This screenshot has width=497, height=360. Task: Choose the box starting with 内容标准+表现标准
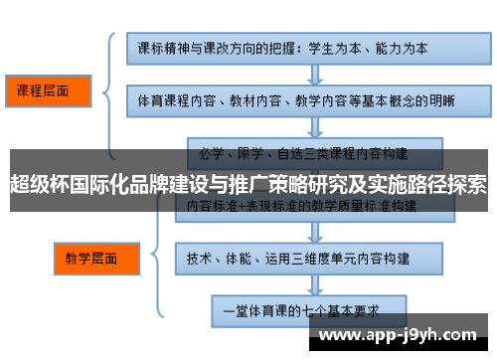coord(302,206)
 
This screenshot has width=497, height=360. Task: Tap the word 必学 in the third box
coord(208,154)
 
